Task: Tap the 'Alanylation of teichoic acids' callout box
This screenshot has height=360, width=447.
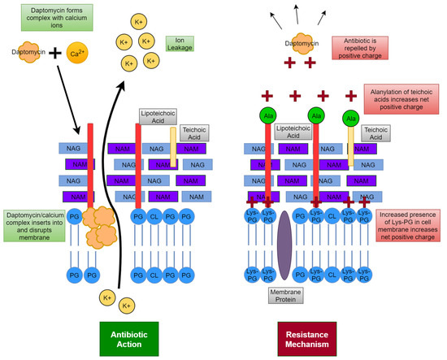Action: tap(401, 99)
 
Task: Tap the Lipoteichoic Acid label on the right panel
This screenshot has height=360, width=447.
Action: tap(294, 130)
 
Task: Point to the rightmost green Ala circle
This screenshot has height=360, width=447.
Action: tap(352, 118)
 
